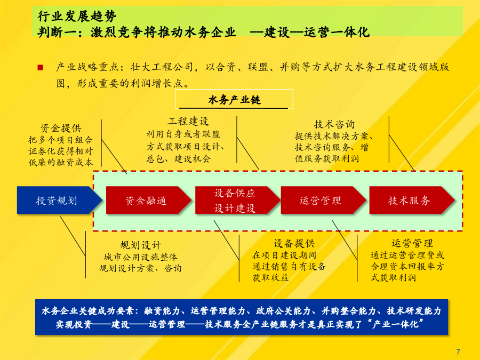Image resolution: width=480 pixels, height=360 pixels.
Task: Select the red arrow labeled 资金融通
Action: click(x=148, y=200)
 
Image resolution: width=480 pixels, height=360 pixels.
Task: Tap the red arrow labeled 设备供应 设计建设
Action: click(x=237, y=200)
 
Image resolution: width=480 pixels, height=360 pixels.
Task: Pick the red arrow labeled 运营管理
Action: click(x=323, y=200)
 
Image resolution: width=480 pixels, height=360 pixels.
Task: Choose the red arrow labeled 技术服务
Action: click(x=412, y=200)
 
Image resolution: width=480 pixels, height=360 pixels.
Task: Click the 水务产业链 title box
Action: click(x=234, y=99)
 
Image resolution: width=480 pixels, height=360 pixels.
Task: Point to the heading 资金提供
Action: click(x=61, y=128)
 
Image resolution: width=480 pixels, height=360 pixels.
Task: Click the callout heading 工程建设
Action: click(x=188, y=121)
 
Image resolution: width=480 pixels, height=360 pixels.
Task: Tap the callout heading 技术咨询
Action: click(x=334, y=124)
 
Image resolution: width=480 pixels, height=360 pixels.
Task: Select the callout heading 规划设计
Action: click(x=140, y=245)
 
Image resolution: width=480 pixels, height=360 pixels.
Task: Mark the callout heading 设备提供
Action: click(x=294, y=243)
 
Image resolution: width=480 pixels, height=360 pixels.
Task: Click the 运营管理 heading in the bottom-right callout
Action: click(x=412, y=243)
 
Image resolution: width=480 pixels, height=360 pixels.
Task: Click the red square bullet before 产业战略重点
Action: click(x=40, y=67)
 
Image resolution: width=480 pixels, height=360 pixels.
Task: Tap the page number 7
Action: click(x=458, y=352)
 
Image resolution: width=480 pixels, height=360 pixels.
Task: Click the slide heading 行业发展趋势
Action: click(x=77, y=16)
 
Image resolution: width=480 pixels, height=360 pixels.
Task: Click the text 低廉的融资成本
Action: click(x=61, y=162)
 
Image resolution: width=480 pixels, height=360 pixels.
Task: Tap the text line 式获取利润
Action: click(x=394, y=278)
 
